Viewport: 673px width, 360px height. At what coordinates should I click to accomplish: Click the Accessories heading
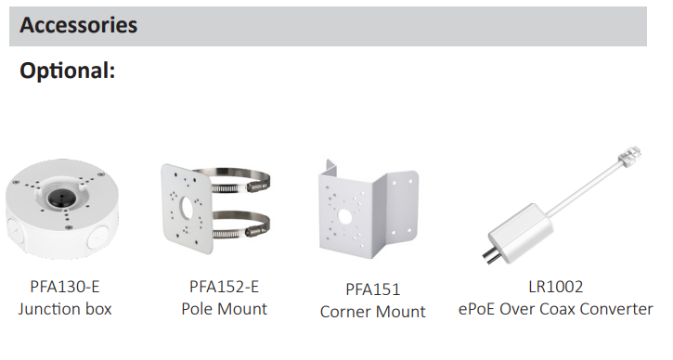79,25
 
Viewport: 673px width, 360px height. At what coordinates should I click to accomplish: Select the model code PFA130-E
65,287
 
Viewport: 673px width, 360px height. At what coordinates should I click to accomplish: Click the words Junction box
65,309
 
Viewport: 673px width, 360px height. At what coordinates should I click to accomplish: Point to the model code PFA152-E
224,287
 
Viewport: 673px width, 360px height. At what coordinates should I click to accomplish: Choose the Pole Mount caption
224,309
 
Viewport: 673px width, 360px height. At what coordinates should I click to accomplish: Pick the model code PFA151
372,289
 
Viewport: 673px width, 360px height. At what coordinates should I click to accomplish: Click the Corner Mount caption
372,312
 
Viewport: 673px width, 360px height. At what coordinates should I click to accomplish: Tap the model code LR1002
556,287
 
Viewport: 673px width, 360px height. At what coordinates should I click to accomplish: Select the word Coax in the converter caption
561,309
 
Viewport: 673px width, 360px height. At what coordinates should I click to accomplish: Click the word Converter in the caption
620,309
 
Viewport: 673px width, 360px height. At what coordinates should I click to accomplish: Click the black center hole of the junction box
57,198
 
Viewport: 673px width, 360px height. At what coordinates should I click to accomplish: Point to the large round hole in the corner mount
344,217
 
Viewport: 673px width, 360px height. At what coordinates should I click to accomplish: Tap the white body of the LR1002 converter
520,232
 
